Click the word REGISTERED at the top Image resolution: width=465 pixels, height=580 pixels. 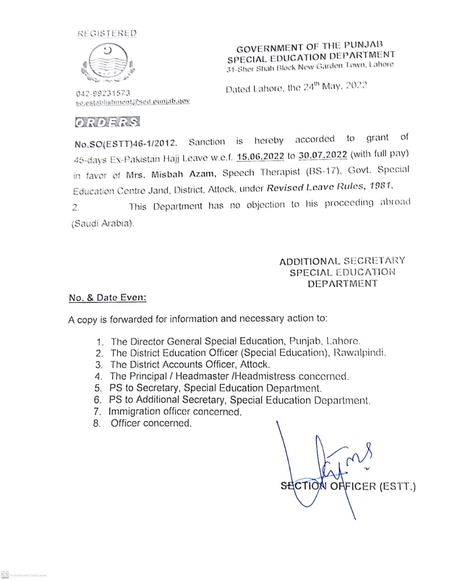[107, 34]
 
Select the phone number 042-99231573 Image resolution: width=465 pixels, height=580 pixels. [103, 93]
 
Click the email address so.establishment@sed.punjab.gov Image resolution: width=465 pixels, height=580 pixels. [132, 102]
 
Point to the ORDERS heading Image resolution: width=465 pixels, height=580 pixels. [107, 122]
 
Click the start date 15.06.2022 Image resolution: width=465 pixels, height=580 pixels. [260, 156]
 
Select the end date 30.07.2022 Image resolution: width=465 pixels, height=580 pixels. [323, 155]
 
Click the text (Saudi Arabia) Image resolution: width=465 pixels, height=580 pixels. [103, 223]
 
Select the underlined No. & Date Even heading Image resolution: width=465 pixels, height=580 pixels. [107, 298]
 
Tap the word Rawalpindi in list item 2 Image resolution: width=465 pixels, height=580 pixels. [359, 353]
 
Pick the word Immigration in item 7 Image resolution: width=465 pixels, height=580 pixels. [134, 412]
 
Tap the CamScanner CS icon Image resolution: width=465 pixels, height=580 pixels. [5, 575]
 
